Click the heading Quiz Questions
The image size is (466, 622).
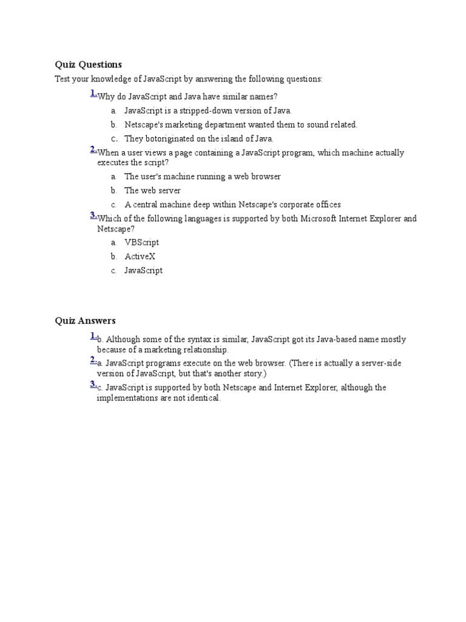[88, 64]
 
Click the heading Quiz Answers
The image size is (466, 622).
[85, 321]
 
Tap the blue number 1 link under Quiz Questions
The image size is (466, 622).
[93, 93]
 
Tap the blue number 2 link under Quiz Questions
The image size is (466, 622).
[93, 150]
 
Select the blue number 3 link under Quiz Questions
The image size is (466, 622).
[93, 215]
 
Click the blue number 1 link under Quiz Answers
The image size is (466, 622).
[93, 336]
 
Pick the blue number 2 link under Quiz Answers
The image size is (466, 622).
[93, 360]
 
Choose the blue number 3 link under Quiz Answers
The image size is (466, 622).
[93, 384]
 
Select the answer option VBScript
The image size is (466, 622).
[141, 242]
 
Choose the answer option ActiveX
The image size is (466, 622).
[140, 256]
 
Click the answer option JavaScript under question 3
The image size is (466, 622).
[143, 271]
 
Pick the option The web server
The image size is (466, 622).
[152, 191]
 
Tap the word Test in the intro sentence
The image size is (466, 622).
[62, 80]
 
